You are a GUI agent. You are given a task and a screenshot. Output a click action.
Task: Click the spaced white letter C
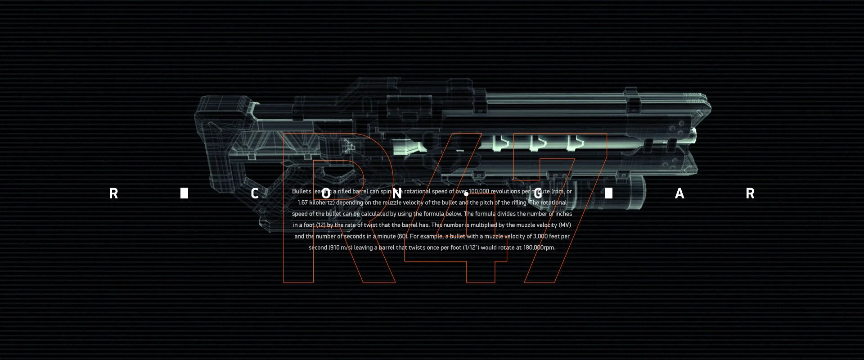point(255,193)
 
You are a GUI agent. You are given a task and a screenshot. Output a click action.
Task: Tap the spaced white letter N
point(396,193)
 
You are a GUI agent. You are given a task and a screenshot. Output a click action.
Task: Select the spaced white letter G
point(538,193)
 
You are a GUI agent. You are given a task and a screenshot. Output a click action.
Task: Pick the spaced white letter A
point(679,193)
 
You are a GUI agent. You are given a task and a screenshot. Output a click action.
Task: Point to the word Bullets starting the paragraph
point(301,191)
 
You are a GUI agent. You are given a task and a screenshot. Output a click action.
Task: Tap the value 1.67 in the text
point(303,202)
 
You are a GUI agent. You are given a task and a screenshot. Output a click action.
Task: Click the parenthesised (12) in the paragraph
point(320,225)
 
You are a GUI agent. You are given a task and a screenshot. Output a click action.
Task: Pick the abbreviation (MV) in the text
point(564,225)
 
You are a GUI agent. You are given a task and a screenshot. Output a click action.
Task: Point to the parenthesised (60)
point(402,236)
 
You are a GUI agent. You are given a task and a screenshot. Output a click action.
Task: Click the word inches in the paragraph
point(563,214)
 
